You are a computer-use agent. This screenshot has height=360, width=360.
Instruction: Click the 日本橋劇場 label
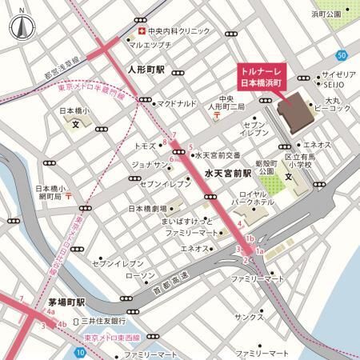pos(150,210)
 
